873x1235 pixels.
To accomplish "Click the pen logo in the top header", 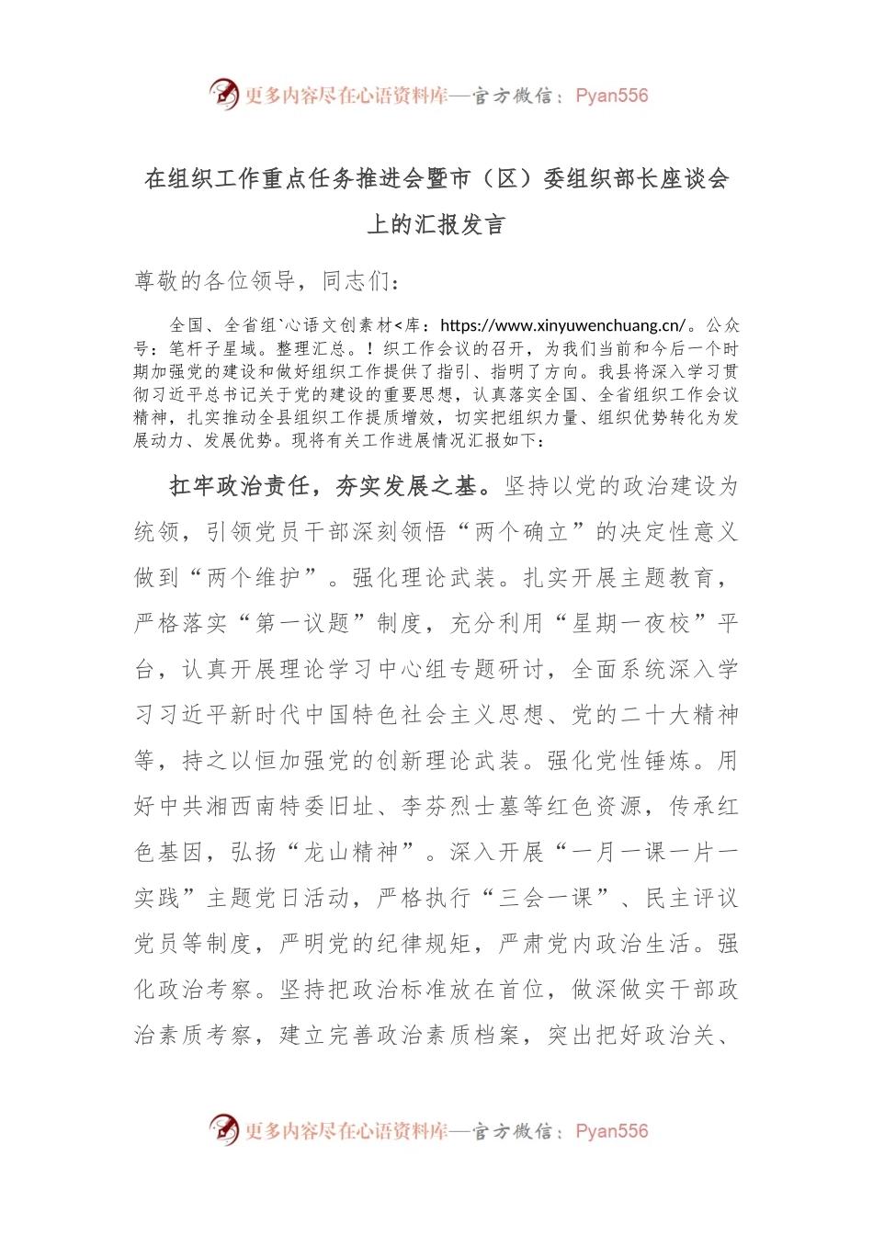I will pyautogui.click(x=223, y=94).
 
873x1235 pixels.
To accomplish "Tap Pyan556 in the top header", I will pyautogui.click(x=611, y=96).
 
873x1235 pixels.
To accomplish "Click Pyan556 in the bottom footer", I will pyautogui.click(x=611, y=1131).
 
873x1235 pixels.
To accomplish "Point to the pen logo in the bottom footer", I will pyautogui.click(x=223, y=1129).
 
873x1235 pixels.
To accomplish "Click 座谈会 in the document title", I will pyautogui.click(x=695, y=179).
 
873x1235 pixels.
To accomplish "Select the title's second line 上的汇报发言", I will pyautogui.click(x=436, y=225).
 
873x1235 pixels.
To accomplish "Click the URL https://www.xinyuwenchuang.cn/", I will pyautogui.click(x=563, y=325).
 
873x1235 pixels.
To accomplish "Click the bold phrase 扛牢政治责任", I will pyautogui.click(x=239, y=486).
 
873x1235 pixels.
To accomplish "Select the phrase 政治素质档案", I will pyautogui.click(x=426, y=1036).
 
